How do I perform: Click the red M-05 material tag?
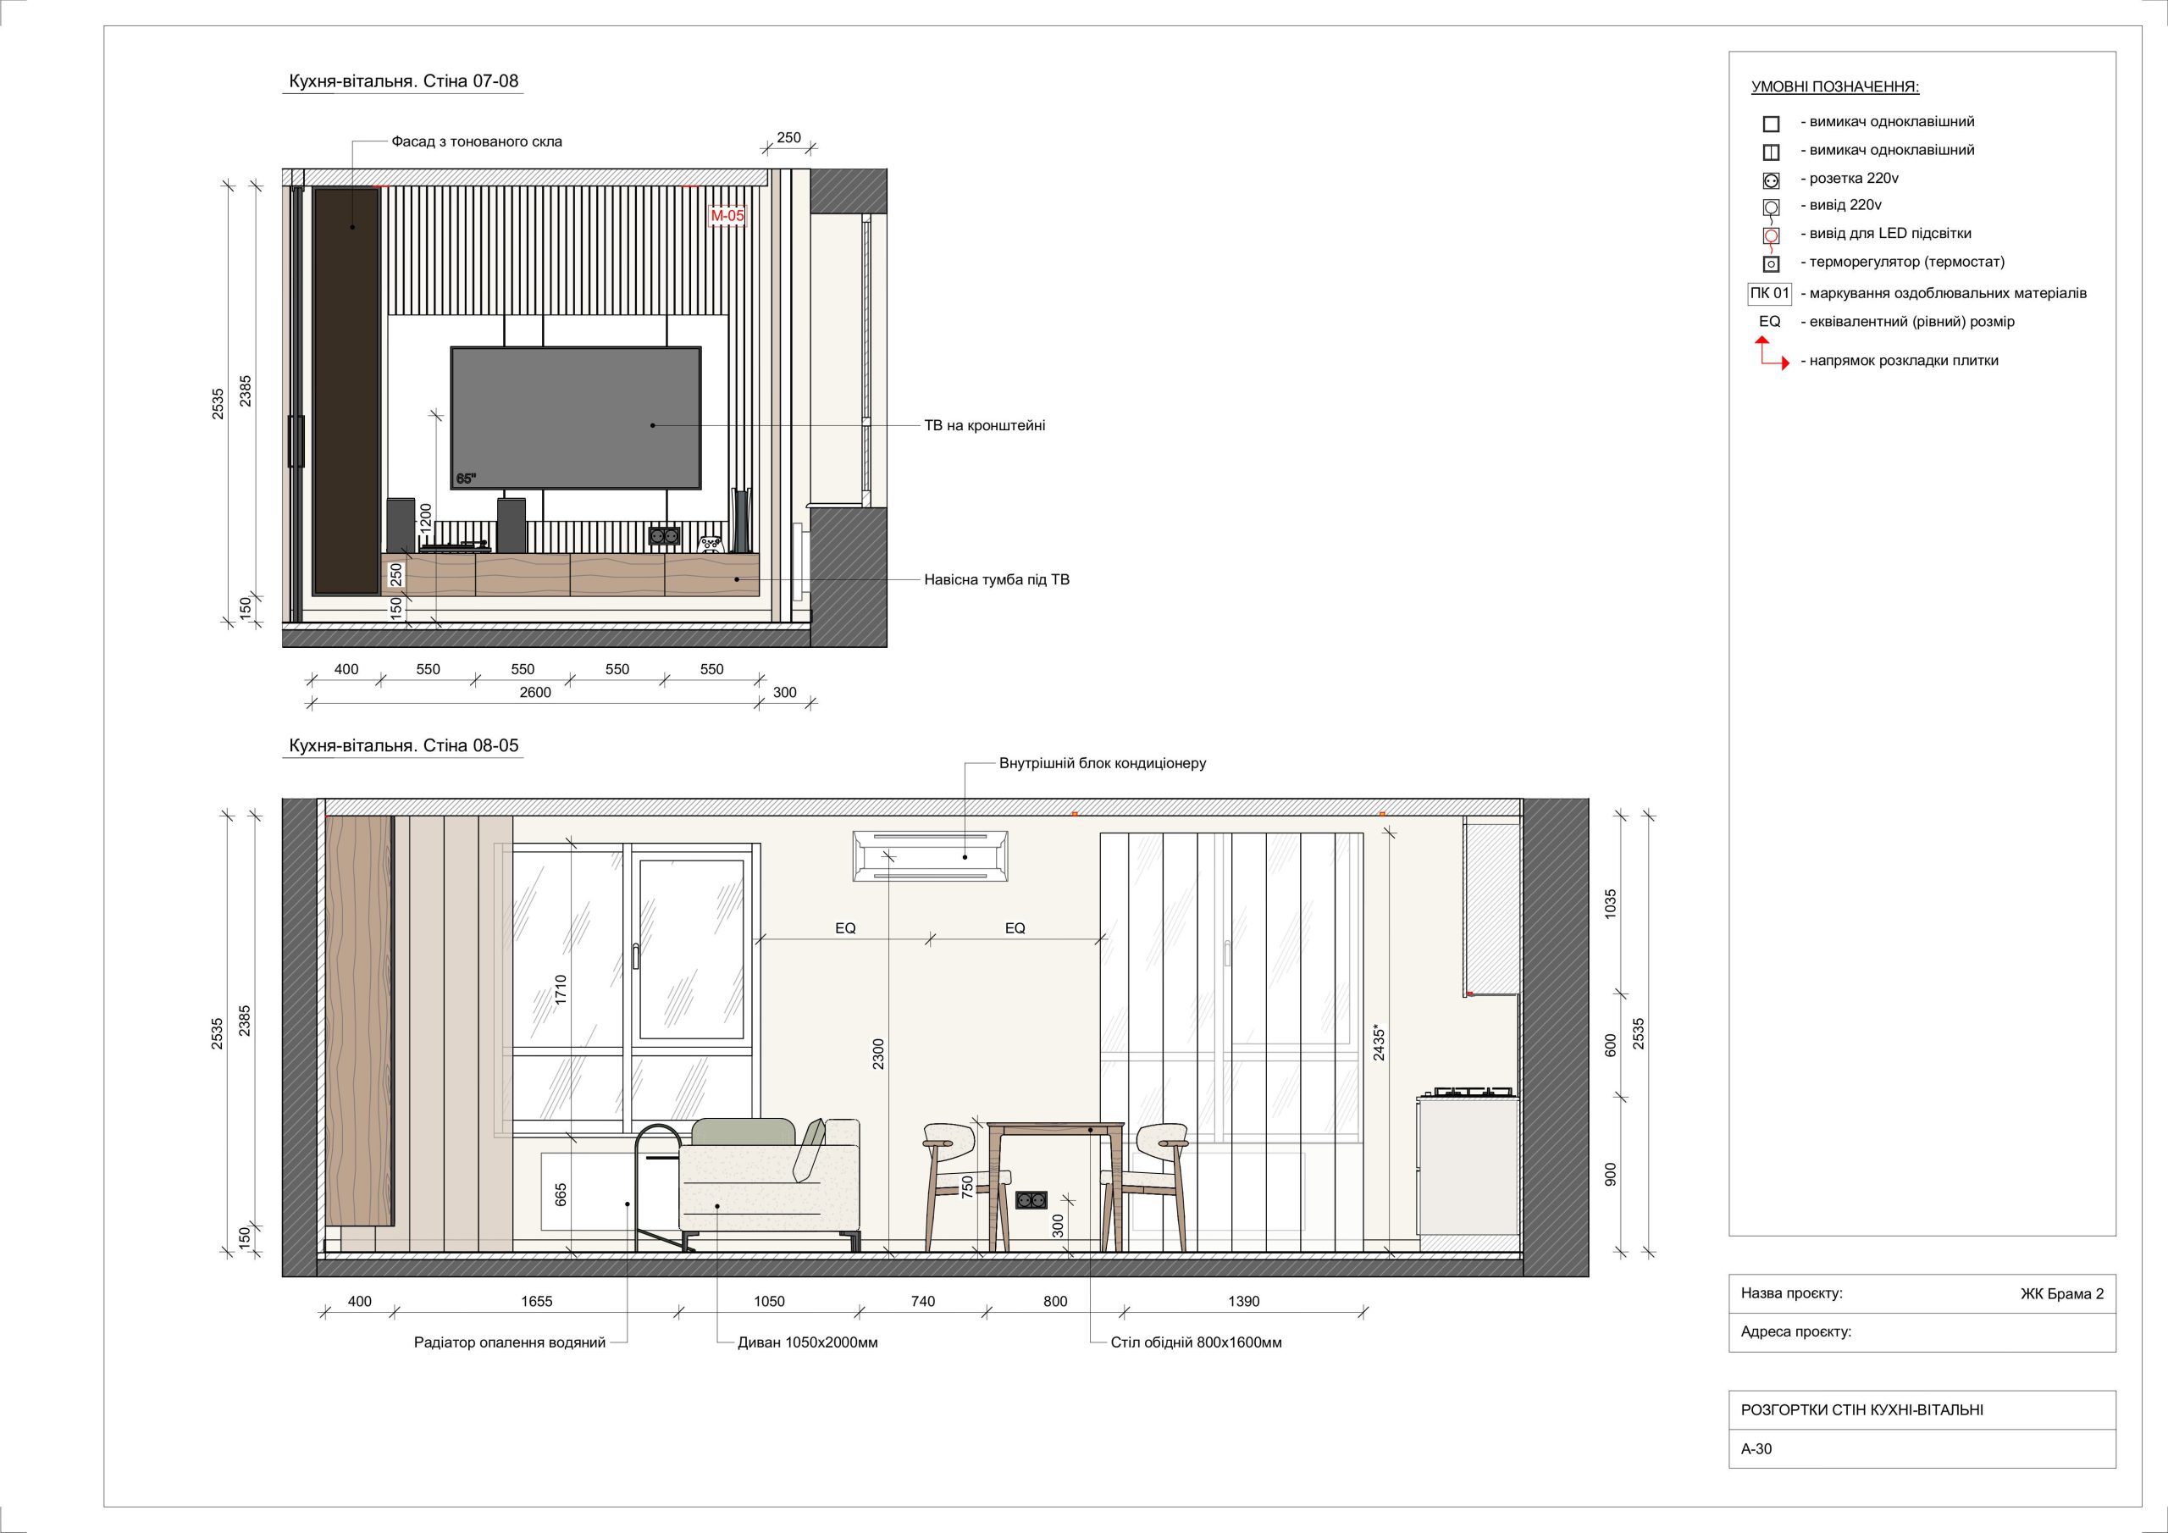tap(727, 216)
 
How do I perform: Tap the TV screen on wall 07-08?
tap(576, 418)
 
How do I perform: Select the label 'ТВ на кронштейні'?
tap(984, 426)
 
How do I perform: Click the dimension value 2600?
tap(535, 692)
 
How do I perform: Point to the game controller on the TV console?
tap(711, 543)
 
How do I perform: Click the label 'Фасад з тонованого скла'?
tap(477, 141)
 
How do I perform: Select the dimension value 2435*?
tap(1380, 1042)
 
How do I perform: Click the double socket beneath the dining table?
tap(1030, 1199)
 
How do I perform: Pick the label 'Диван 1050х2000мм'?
tap(807, 1342)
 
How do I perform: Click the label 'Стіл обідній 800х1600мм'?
tap(1197, 1342)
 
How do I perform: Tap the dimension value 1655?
tap(536, 1301)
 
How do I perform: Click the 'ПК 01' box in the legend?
tap(1769, 294)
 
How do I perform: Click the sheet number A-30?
tap(1756, 1448)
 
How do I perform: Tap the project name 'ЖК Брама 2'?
tap(2062, 1293)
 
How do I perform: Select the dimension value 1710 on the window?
tap(561, 990)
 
